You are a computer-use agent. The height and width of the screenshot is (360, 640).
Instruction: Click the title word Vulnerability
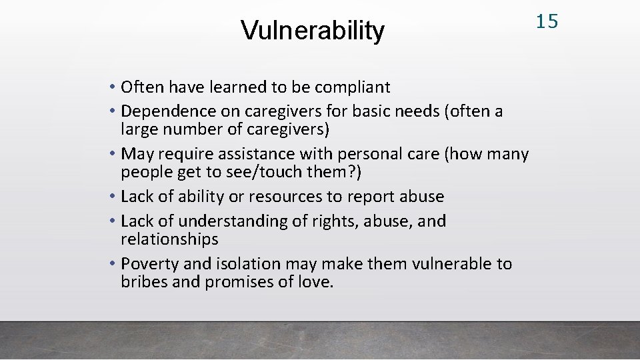click(x=312, y=30)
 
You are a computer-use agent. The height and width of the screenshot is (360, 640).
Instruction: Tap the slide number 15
click(x=547, y=21)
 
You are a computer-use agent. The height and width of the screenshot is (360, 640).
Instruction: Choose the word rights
click(x=337, y=221)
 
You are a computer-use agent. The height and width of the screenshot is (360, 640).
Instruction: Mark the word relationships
click(x=169, y=239)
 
